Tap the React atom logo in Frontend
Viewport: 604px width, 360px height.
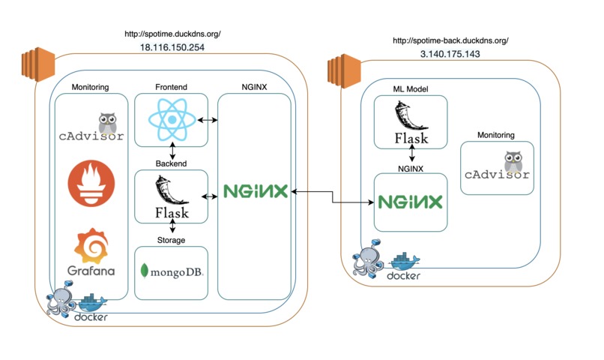click(x=172, y=121)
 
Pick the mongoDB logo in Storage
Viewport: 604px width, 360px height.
click(x=172, y=269)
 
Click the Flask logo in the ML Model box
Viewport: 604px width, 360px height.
click(x=411, y=124)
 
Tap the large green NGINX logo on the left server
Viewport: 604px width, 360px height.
click(x=255, y=191)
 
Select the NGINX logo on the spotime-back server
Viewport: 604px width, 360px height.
click(x=410, y=202)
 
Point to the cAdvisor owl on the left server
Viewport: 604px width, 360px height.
click(x=112, y=124)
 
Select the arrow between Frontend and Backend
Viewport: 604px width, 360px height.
click(x=172, y=151)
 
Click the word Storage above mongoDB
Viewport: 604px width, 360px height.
click(x=171, y=240)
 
